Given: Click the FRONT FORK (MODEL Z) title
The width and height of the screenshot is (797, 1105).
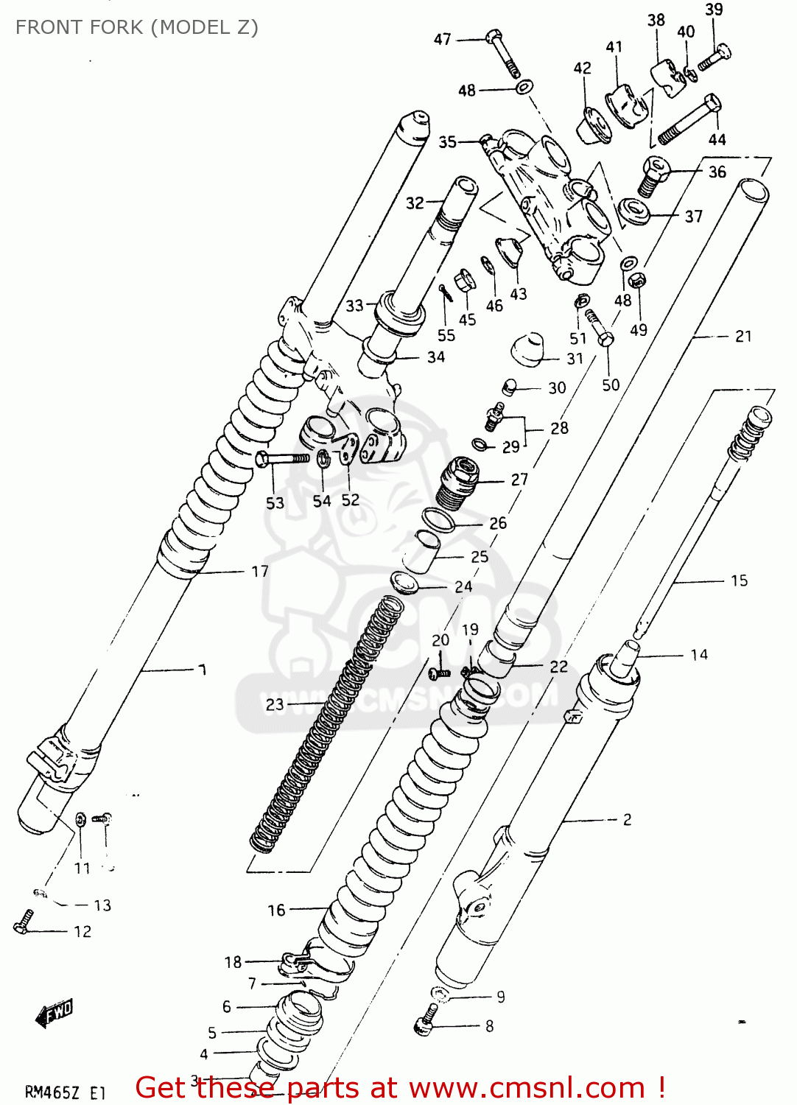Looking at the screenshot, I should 137,27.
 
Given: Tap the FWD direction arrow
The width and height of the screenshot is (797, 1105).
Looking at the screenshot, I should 55,1013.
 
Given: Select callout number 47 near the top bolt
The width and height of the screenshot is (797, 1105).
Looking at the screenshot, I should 442,39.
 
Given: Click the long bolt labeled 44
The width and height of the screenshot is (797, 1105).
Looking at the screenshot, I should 689,119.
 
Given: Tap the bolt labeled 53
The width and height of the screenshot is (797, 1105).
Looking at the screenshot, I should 282,459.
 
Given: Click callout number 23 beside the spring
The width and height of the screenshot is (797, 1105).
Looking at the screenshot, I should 275,705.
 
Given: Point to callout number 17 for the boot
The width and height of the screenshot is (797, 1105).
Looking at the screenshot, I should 259,571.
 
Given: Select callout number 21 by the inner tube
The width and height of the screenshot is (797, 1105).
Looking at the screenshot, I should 743,336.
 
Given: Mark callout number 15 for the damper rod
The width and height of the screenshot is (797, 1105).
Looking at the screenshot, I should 739,580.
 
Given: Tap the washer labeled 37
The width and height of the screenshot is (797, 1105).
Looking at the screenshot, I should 634,211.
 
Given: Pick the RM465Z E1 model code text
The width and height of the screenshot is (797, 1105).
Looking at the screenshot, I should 66,1092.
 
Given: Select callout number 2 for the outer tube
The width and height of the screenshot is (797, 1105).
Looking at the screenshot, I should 627,819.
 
